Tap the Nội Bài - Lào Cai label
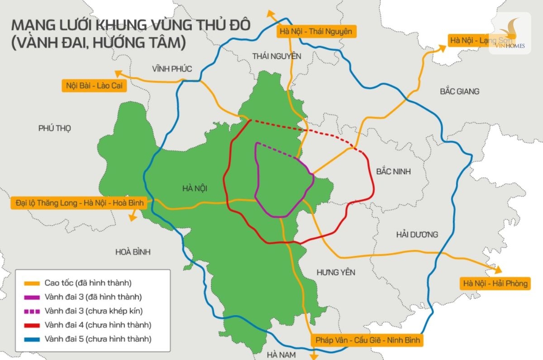(x=94, y=85)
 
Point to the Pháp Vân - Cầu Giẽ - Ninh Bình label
(x=367, y=340)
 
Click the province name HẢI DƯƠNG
(x=417, y=234)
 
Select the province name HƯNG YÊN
(x=336, y=272)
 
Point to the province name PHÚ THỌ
(x=55, y=128)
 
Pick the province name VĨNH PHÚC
(x=172, y=69)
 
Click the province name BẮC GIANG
(x=459, y=91)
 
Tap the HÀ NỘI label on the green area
(x=198, y=188)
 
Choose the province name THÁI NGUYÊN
(x=276, y=56)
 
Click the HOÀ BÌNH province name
(x=133, y=252)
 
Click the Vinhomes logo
(x=510, y=33)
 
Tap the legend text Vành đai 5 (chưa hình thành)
(x=98, y=339)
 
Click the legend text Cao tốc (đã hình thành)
(x=88, y=283)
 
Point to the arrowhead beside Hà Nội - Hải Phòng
(x=498, y=270)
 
